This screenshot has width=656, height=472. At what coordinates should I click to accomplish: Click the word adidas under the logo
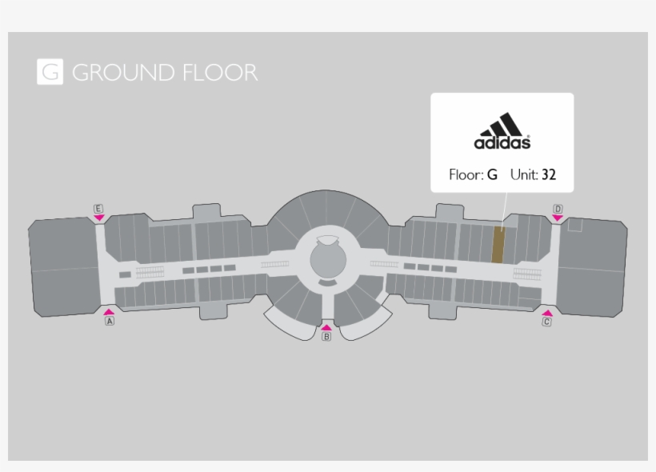[x=502, y=143]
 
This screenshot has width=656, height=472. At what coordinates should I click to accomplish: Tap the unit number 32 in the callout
[x=548, y=174]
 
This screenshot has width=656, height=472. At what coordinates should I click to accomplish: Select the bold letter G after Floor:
[x=492, y=174]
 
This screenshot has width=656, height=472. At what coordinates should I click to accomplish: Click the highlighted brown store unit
[x=498, y=246]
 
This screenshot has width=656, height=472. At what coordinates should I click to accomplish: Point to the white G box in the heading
[x=50, y=72]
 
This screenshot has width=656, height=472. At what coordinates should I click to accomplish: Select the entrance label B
[x=326, y=337]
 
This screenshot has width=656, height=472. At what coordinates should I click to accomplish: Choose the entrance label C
[x=547, y=322]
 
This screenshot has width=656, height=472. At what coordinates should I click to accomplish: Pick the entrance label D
[x=558, y=209]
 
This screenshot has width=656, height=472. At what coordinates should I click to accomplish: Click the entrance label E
[x=98, y=209]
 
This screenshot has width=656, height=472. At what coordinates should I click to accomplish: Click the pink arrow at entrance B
[x=326, y=326]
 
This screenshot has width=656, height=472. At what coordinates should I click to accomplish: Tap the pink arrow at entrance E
[x=98, y=218]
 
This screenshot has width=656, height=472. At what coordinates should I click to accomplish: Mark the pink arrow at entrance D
[x=558, y=218]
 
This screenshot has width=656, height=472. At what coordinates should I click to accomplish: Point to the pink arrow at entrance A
[x=110, y=311]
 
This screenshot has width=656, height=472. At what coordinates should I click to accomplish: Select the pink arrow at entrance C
[x=547, y=313]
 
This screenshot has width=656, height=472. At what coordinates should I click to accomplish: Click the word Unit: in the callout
[x=522, y=174]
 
